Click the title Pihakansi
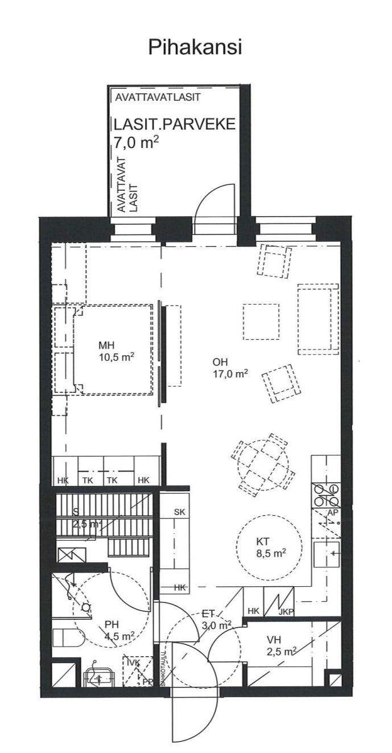(195, 47)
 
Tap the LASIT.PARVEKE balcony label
(174, 125)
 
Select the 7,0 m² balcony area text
(136, 142)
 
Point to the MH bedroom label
(106, 345)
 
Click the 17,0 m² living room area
(230, 374)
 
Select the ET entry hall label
(208, 614)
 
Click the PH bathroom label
(112, 624)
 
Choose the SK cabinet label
(180, 512)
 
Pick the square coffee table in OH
(261, 322)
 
